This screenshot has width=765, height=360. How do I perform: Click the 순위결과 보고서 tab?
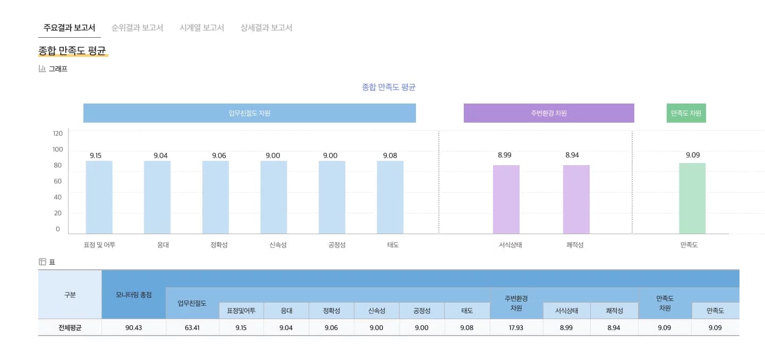pyautogui.click(x=137, y=28)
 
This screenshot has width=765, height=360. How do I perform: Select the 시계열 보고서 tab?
pyautogui.click(x=202, y=28)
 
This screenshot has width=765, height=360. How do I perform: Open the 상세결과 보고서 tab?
pyautogui.click(x=266, y=28)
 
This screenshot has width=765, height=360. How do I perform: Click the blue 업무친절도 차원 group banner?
pyautogui.click(x=249, y=113)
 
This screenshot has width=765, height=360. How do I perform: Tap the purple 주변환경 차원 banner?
pyautogui.click(x=549, y=113)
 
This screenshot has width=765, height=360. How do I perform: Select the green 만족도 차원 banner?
pyautogui.click(x=686, y=113)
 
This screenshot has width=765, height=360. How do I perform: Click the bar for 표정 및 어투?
pyautogui.click(x=99, y=197)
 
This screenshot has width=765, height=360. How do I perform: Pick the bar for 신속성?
pyautogui.click(x=274, y=197)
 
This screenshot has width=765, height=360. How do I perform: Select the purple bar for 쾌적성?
pyautogui.click(x=576, y=199)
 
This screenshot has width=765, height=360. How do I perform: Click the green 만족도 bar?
pyautogui.click(x=692, y=198)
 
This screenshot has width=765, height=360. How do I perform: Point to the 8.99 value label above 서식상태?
pyautogui.click(x=505, y=155)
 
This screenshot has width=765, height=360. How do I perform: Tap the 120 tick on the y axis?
pyautogui.click(x=57, y=133)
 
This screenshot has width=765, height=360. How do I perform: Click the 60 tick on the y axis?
pyautogui.click(x=57, y=181)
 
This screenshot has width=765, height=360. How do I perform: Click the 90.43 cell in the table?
pyautogui.click(x=133, y=328)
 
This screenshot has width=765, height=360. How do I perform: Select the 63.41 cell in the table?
pyautogui.click(x=192, y=328)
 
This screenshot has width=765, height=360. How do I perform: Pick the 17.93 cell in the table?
pyautogui.click(x=516, y=328)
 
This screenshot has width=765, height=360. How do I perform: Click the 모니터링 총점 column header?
pyautogui.click(x=133, y=295)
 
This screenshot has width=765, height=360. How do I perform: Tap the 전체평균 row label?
pyautogui.click(x=70, y=328)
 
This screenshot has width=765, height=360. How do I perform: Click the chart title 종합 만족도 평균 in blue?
pyautogui.click(x=388, y=87)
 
